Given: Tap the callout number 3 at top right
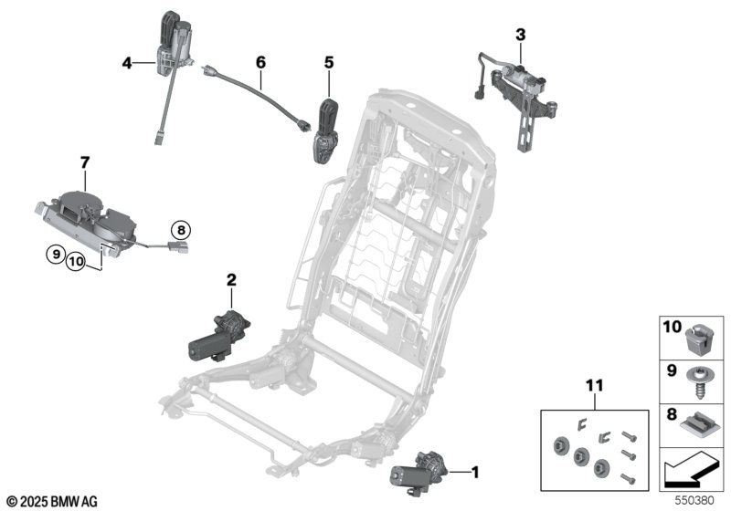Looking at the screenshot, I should click(520, 35).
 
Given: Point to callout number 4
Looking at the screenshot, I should click(126, 63).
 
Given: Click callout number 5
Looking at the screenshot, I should click(329, 63).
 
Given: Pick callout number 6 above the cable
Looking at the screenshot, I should click(260, 62).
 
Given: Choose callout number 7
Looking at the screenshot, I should click(84, 162).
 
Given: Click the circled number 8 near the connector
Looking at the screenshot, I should click(181, 230).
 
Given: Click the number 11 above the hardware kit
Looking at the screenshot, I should click(596, 387).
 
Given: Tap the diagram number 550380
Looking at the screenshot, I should click(699, 501).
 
